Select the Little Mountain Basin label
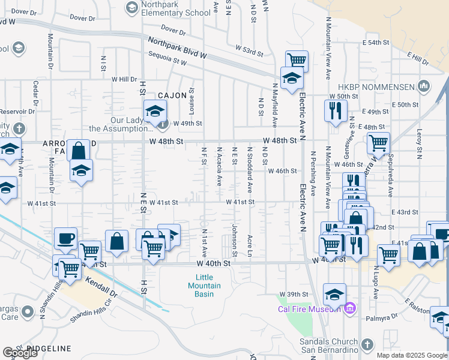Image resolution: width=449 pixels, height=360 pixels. tap(204, 281)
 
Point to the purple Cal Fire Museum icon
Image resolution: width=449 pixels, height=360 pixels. tap(351, 309)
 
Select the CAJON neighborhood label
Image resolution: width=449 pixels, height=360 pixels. tap(173, 95)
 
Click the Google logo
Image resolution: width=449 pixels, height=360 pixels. tap(20, 353)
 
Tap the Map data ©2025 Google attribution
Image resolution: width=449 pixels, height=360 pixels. tap(412, 355)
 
